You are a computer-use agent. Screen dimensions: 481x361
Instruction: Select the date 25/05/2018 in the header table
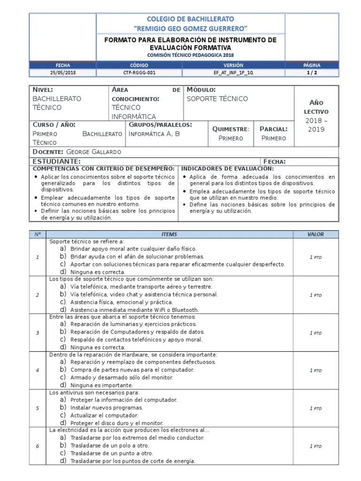pyautogui.click(x=63, y=73)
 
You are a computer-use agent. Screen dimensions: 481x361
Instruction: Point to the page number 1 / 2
pyautogui.click(x=312, y=73)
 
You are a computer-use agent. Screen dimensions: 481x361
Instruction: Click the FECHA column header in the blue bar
pyautogui.click(x=63, y=65)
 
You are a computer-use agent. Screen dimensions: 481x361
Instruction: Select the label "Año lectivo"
pyautogui.click(x=316, y=107)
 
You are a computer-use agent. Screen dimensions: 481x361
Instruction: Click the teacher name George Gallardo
pyautogui.click(x=94, y=152)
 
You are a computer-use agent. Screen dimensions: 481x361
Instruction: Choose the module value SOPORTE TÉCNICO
pyautogui.click(x=217, y=99)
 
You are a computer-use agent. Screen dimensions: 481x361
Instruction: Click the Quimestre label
pyautogui.click(x=230, y=129)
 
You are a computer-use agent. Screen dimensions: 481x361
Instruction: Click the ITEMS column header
pyautogui.click(x=169, y=234)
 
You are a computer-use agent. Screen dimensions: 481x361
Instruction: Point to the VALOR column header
pyautogui.click(x=315, y=234)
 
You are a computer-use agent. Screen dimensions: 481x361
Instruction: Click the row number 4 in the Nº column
pyautogui.click(x=38, y=370)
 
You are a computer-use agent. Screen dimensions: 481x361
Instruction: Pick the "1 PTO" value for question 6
pyautogui.click(x=315, y=446)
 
